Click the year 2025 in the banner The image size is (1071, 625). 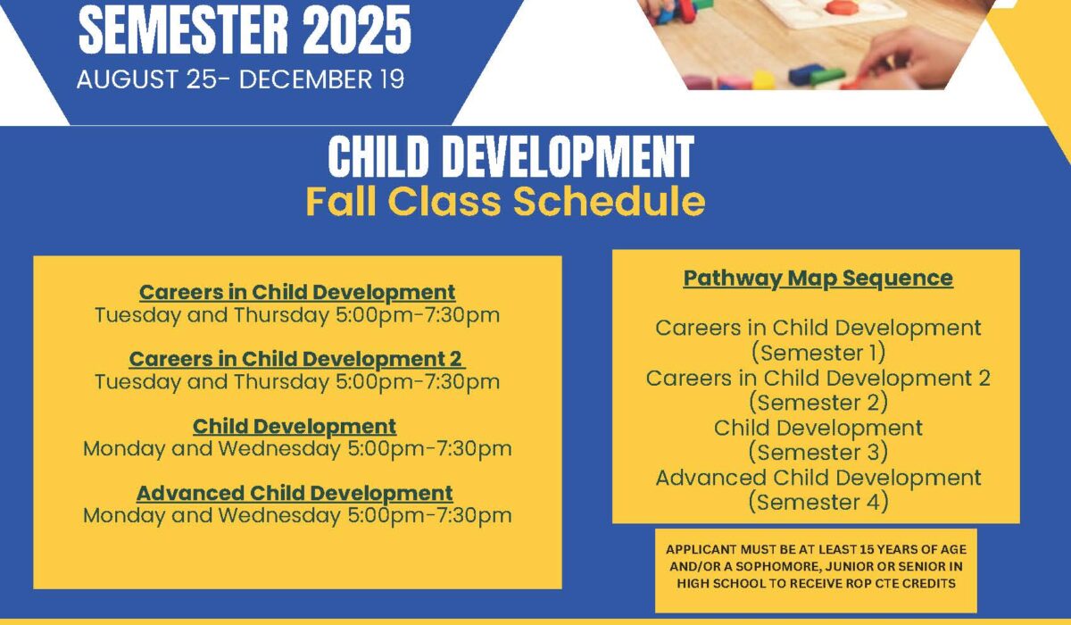(357, 30)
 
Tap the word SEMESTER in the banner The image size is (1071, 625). (184, 30)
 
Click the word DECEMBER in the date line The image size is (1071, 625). (305, 79)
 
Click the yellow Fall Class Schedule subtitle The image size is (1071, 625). (505, 201)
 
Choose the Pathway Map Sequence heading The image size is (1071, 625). (818, 279)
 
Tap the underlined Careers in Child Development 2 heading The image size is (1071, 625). (297, 359)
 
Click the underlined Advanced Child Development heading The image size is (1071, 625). (295, 494)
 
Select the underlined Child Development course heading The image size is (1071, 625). (295, 427)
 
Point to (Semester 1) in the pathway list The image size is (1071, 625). (818, 353)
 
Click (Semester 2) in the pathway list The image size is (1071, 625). (818, 402)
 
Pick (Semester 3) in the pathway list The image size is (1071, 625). (818, 452)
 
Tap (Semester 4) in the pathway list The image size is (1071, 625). (818, 502)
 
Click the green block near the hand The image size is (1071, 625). (827, 77)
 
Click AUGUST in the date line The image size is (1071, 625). (127, 79)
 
